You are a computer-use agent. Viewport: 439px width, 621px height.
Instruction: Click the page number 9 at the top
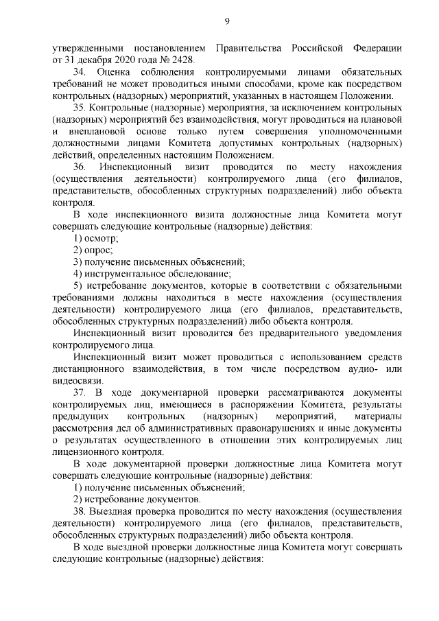coord(227,23)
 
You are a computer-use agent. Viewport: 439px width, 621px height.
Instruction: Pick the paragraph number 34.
coord(79,71)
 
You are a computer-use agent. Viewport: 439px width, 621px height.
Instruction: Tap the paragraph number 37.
coord(80,392)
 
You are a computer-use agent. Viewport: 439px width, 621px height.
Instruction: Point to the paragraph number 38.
coord(80,511)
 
